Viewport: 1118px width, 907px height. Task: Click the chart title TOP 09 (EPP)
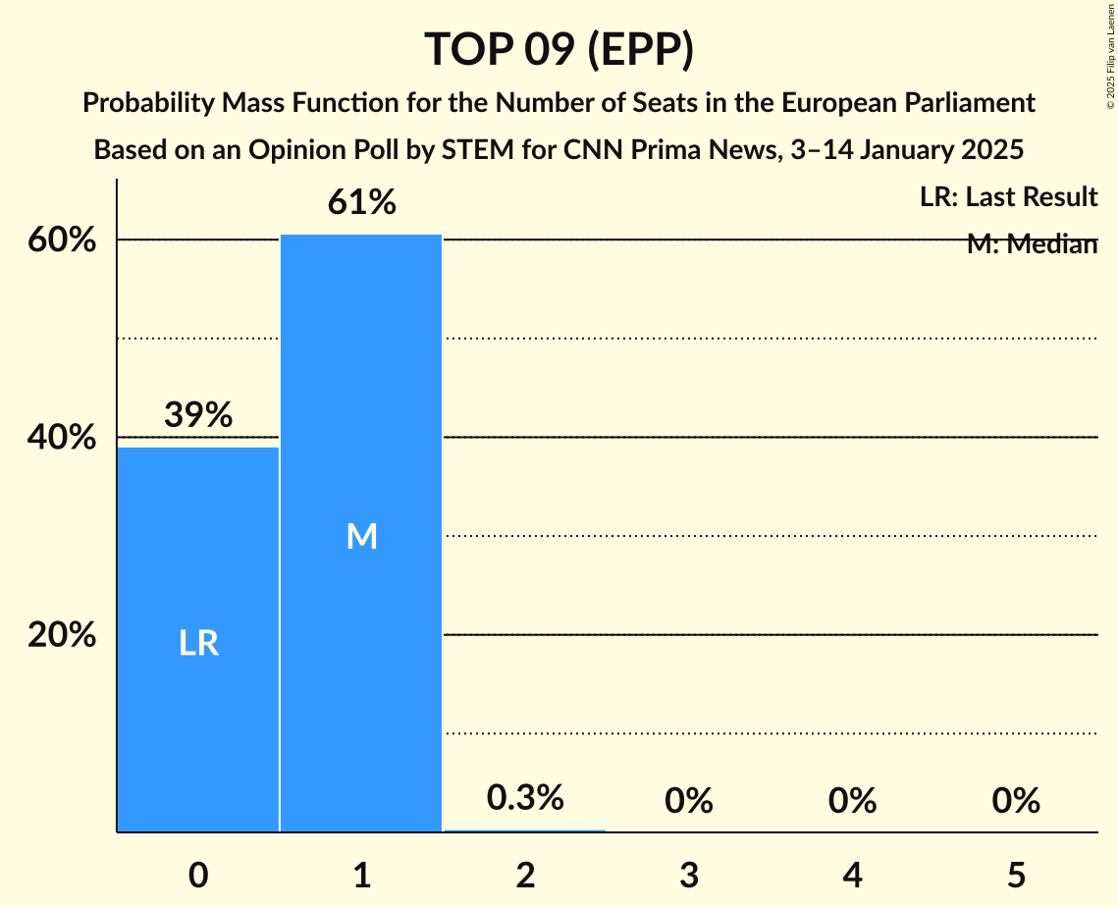click(559, 49)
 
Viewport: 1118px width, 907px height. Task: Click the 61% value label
click(361, 203)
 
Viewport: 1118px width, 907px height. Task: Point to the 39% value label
click(198, 416)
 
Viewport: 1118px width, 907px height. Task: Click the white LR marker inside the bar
click(198, 643)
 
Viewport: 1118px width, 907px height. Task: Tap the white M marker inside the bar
click(361, 536)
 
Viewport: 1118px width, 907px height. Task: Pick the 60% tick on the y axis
click(62, 240)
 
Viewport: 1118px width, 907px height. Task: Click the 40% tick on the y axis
click(62, 438)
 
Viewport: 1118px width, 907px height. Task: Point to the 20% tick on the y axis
click(62, 636)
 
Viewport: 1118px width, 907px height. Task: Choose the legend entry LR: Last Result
click(1008, 197)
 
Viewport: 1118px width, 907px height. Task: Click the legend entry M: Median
click(1032, 244)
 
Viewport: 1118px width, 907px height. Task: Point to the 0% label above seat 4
click(852, 802)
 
